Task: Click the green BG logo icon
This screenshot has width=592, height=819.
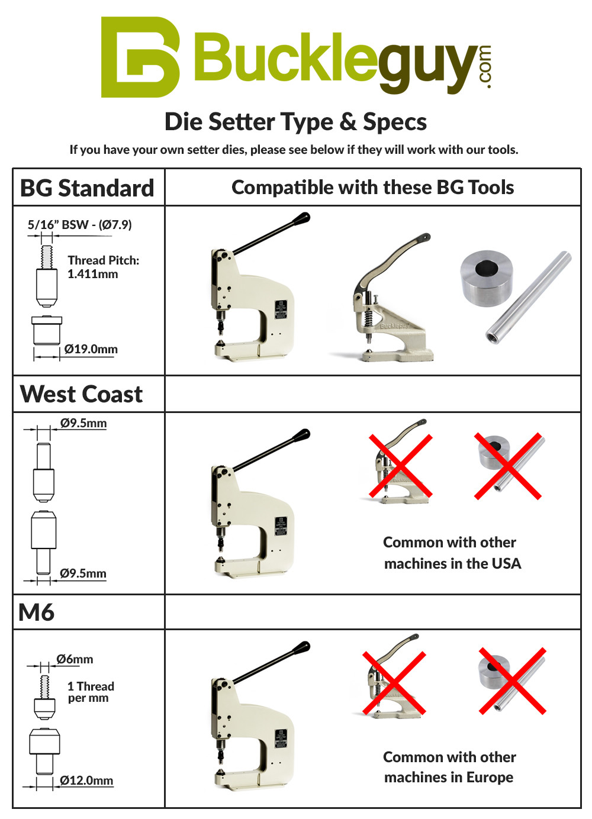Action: pos(140,57)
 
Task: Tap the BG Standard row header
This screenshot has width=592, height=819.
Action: pos(87,188)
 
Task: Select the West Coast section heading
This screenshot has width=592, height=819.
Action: pos(82,394)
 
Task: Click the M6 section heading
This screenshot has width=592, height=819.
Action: pos(37,612)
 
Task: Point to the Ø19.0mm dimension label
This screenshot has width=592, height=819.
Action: pos(91,349)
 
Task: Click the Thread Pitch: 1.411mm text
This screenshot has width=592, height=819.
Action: pos(103,267)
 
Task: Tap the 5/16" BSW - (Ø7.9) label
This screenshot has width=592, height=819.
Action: pos(79,225)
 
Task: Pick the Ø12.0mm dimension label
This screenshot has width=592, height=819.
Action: pos(86,781)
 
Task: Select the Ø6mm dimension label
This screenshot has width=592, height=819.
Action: pos(75,659)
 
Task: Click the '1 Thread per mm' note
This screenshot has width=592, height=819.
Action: pos(90,692)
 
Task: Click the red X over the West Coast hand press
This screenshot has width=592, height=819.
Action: pos(401,466)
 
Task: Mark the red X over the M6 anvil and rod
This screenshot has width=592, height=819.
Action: pos(512,681)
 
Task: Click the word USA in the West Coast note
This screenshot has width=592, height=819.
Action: pos(506,563)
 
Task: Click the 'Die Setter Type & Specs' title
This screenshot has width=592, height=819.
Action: pos(295,122)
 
